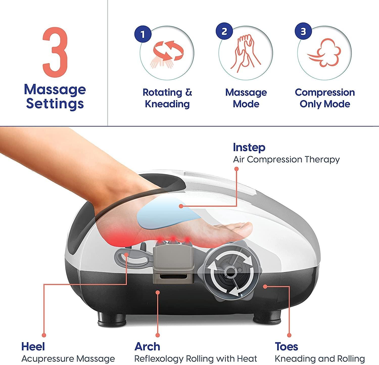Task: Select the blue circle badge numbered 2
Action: point(224,31)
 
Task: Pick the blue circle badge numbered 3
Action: point(303,31)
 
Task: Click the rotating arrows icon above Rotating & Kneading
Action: point(167,52)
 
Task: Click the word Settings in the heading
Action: point(55,104)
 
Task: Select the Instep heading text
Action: point(249,147)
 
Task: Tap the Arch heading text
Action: point(147,346)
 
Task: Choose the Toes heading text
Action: point(286,346)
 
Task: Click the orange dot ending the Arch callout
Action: point(158,292)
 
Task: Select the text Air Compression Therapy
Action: point(286,159)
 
